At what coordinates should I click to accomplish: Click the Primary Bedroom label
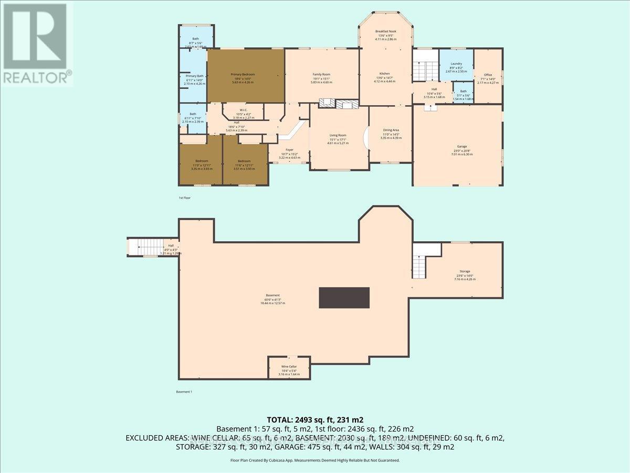[x=246, y=75]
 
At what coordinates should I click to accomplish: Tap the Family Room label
[x=321, y=75]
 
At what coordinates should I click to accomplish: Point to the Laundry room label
[x=456, y=64]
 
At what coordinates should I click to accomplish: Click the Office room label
[x=488, y=75]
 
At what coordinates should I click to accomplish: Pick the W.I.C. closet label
[x=242, y=110]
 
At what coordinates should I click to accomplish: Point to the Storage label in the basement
[x=465, y=272]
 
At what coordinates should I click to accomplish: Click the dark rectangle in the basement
[x=343, y=297]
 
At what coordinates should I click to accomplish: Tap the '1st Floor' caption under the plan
[x=185, y=198]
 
